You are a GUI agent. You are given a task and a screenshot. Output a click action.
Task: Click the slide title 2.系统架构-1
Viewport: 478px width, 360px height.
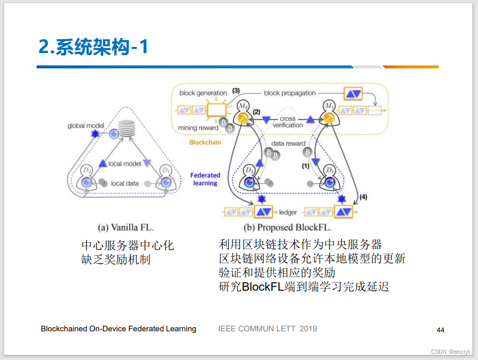point(94,47)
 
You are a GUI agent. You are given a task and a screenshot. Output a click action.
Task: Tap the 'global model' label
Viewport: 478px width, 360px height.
point(86,126)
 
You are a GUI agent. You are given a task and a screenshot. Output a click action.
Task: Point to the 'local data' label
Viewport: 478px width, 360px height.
point(125,183)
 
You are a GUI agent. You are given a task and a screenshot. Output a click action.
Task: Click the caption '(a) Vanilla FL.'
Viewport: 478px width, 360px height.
point(126,228)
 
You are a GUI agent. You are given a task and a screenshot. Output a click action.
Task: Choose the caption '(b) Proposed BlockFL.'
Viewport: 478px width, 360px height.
point(288,228)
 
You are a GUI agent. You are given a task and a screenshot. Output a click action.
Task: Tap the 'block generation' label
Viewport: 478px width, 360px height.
point(203,93)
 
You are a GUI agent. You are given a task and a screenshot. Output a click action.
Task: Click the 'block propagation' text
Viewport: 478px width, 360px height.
point(290,93)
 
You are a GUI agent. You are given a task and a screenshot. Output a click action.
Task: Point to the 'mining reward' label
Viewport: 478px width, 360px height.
point(197,128)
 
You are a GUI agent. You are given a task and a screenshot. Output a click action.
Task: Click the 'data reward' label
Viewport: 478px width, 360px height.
point(288,143)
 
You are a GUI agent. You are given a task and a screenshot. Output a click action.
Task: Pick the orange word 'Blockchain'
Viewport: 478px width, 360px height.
point(205,141)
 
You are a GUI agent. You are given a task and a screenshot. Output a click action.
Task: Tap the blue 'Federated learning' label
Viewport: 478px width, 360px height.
point(205,179)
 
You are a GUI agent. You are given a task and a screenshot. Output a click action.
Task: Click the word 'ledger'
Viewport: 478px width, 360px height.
point(288,212)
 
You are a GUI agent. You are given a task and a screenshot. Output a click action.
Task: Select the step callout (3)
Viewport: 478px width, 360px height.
point(235,91)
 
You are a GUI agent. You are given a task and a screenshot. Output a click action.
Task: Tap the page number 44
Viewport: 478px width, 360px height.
point(441,330)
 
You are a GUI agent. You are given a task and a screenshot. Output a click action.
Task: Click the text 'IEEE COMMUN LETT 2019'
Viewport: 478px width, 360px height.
point(267,329)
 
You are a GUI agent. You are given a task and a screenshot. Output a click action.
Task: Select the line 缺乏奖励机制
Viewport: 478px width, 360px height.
point(116,259)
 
